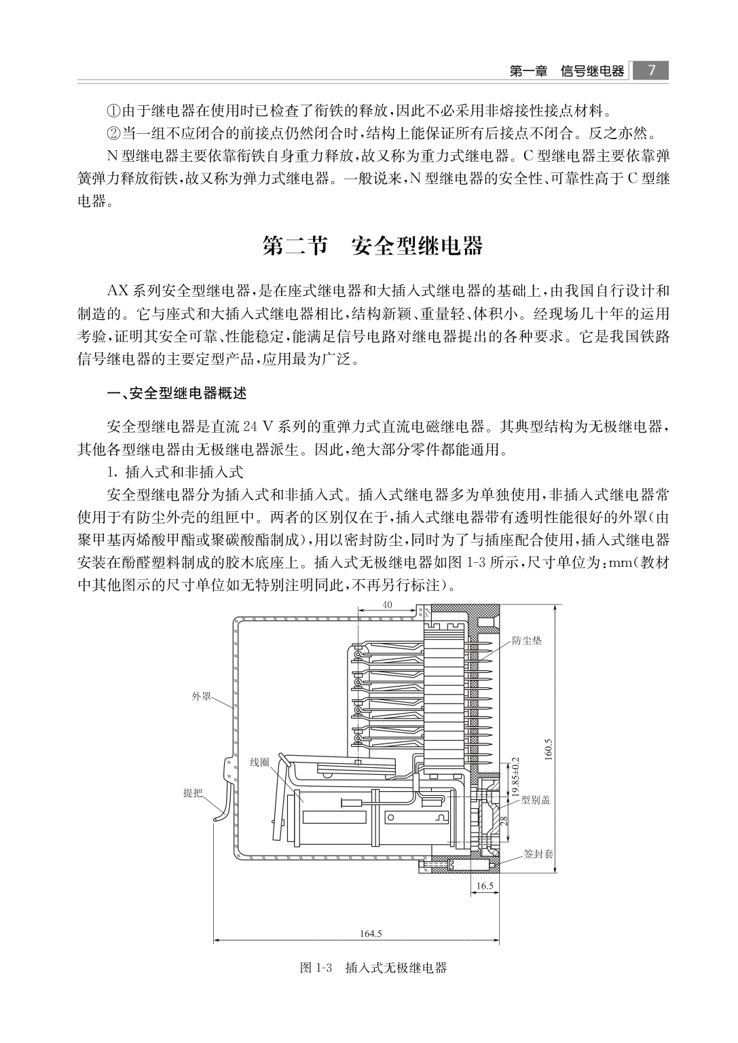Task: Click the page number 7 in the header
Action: tap(650, 71)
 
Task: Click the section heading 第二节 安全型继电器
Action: tap(372, 246)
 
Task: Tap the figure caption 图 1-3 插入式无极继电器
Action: tap(373, 968)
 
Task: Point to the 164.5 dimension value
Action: tap(371, 933)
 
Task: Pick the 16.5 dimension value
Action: tap(484, 885)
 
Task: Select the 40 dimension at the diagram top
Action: tap(388, 605)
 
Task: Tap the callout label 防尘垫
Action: tap(527, 640)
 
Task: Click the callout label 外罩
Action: tap(202, 697)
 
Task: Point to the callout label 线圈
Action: tap(259, 763)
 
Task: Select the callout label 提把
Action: tap(193, 792)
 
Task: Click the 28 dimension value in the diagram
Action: tap(504, 820)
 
